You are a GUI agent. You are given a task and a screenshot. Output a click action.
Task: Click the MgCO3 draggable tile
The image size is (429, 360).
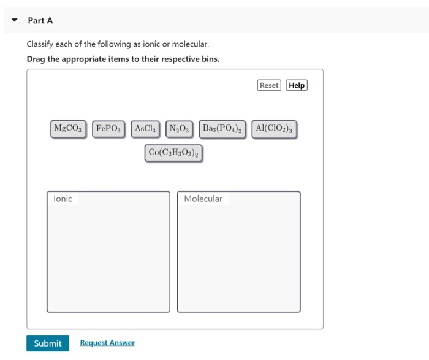68,129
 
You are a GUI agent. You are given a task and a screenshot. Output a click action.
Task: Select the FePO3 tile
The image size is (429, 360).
109,129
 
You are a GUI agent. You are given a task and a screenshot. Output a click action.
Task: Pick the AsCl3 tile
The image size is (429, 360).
146,129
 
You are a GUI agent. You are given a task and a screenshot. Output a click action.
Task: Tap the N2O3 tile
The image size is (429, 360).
180,129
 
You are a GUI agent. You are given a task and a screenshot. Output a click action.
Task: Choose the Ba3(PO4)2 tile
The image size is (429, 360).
223,129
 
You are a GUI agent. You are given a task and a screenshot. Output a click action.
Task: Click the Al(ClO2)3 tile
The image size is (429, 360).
274,129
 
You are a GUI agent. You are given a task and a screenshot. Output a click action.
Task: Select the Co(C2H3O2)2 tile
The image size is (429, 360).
174,153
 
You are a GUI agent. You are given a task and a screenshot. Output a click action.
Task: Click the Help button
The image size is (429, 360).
297,85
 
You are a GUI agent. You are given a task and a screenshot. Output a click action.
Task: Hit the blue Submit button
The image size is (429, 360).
47,343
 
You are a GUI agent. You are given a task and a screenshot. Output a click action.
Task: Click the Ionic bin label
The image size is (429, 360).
63,199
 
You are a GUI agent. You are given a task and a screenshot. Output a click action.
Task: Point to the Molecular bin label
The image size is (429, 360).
203,199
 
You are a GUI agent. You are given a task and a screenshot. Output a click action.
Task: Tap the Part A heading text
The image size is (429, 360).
40,20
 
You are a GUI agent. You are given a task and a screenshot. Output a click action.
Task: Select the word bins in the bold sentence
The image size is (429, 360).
208,59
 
